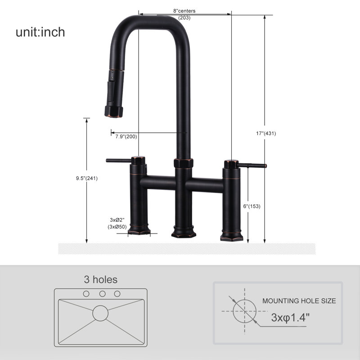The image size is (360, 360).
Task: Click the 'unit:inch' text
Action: point(40,32)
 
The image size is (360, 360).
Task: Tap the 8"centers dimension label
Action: point(184,11)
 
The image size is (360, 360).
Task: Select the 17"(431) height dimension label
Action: point(266,133)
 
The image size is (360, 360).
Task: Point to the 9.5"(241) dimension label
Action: point(87,178)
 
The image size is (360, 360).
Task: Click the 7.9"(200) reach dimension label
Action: point(126,137)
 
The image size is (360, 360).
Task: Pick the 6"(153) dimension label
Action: point(252,206)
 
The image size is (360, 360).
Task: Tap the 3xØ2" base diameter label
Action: point(117,220)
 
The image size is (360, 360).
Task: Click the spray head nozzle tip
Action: point(114,112)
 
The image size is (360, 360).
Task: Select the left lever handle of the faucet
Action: point(119,161)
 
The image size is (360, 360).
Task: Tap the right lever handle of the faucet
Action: point(252,165)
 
